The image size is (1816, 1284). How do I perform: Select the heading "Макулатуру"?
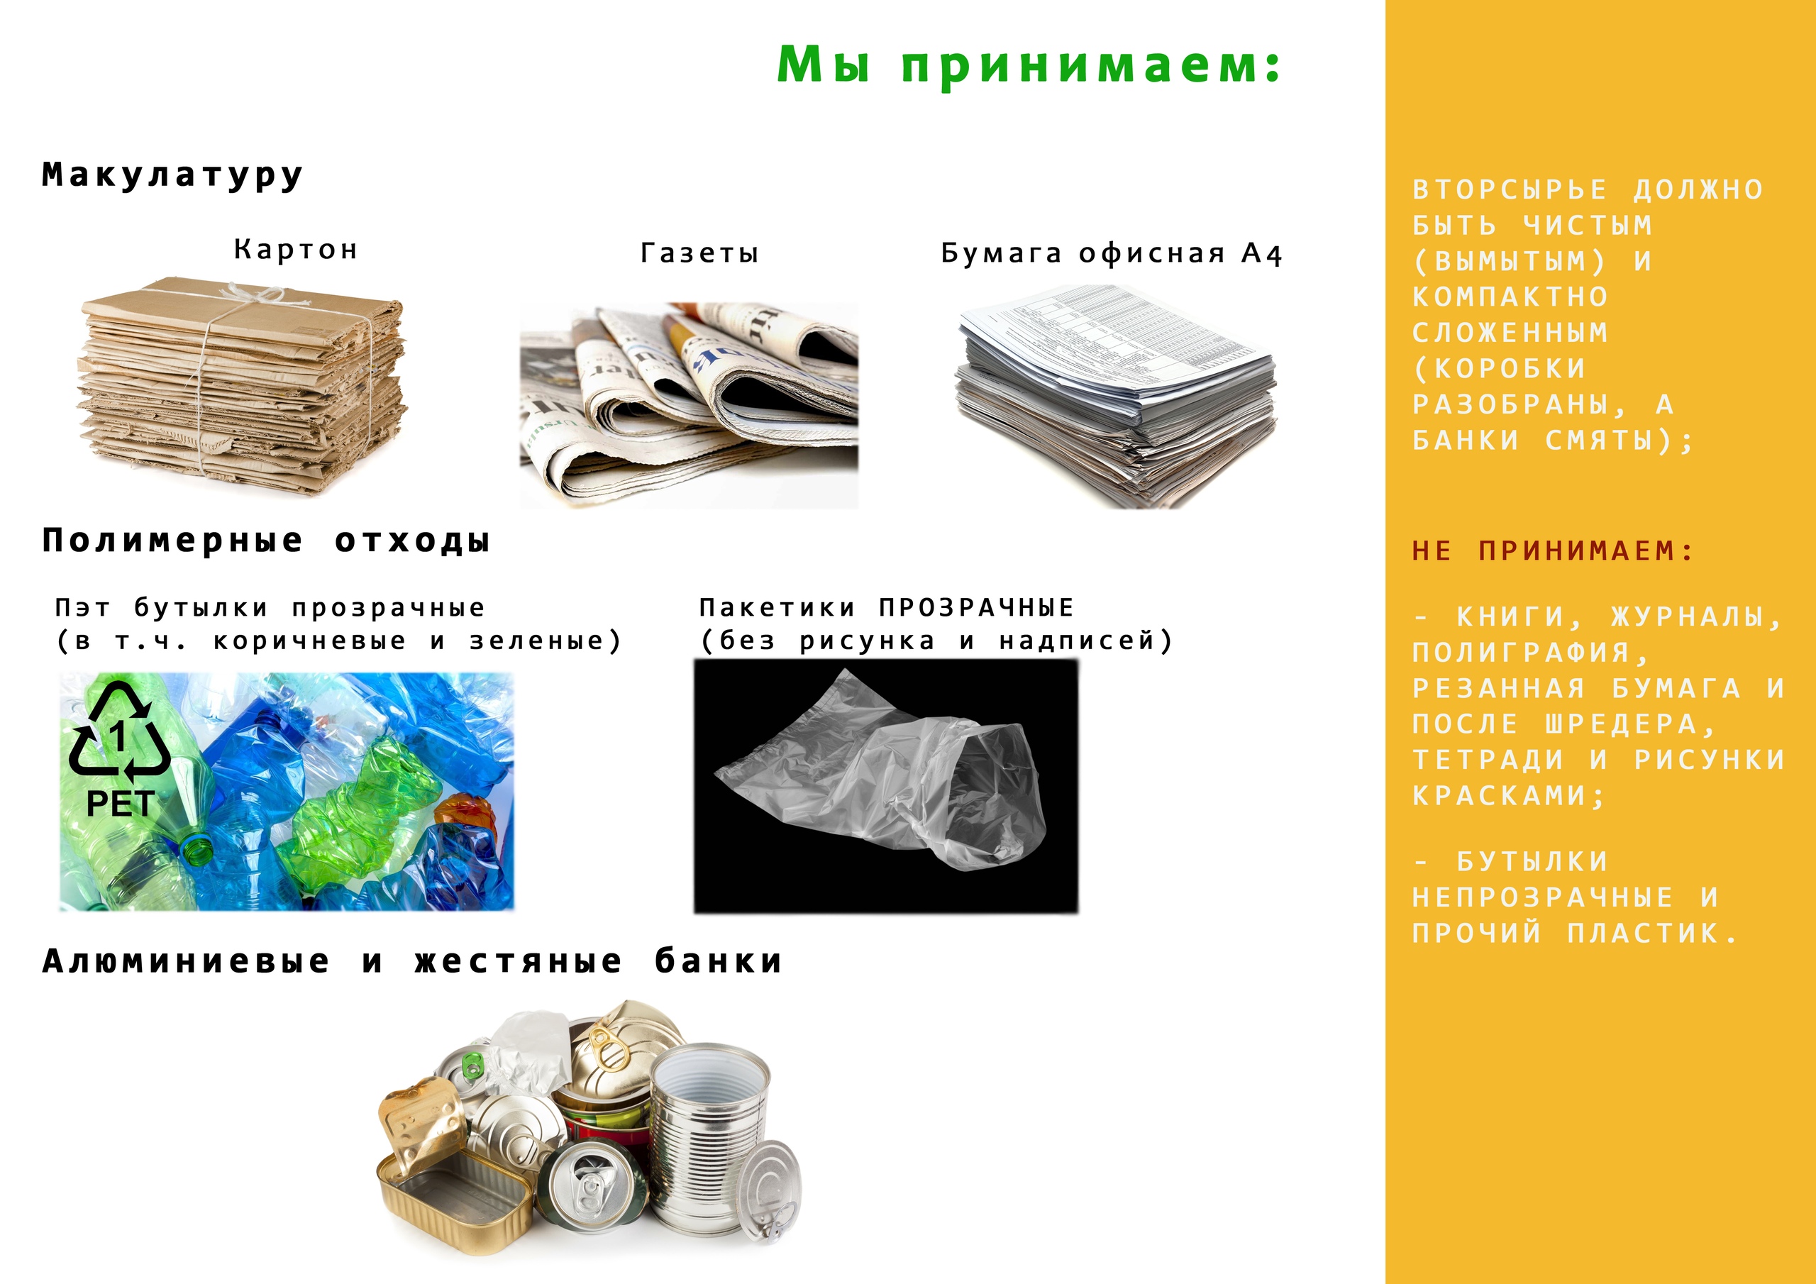coord(172,175)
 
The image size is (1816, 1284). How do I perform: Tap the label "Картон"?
coord(296,249)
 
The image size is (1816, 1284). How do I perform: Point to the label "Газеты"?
coord(699,253)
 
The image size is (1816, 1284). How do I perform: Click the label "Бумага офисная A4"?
coord(1112,253)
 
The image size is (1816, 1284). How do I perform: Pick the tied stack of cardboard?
coord(241,386)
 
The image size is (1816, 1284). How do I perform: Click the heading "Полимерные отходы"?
coord(267,541)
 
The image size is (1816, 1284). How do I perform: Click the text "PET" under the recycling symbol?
coord(119,804)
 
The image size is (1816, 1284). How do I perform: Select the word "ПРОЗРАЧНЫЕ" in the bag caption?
coord(976,607)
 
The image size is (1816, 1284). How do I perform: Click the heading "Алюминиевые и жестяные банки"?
coord(412,961)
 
